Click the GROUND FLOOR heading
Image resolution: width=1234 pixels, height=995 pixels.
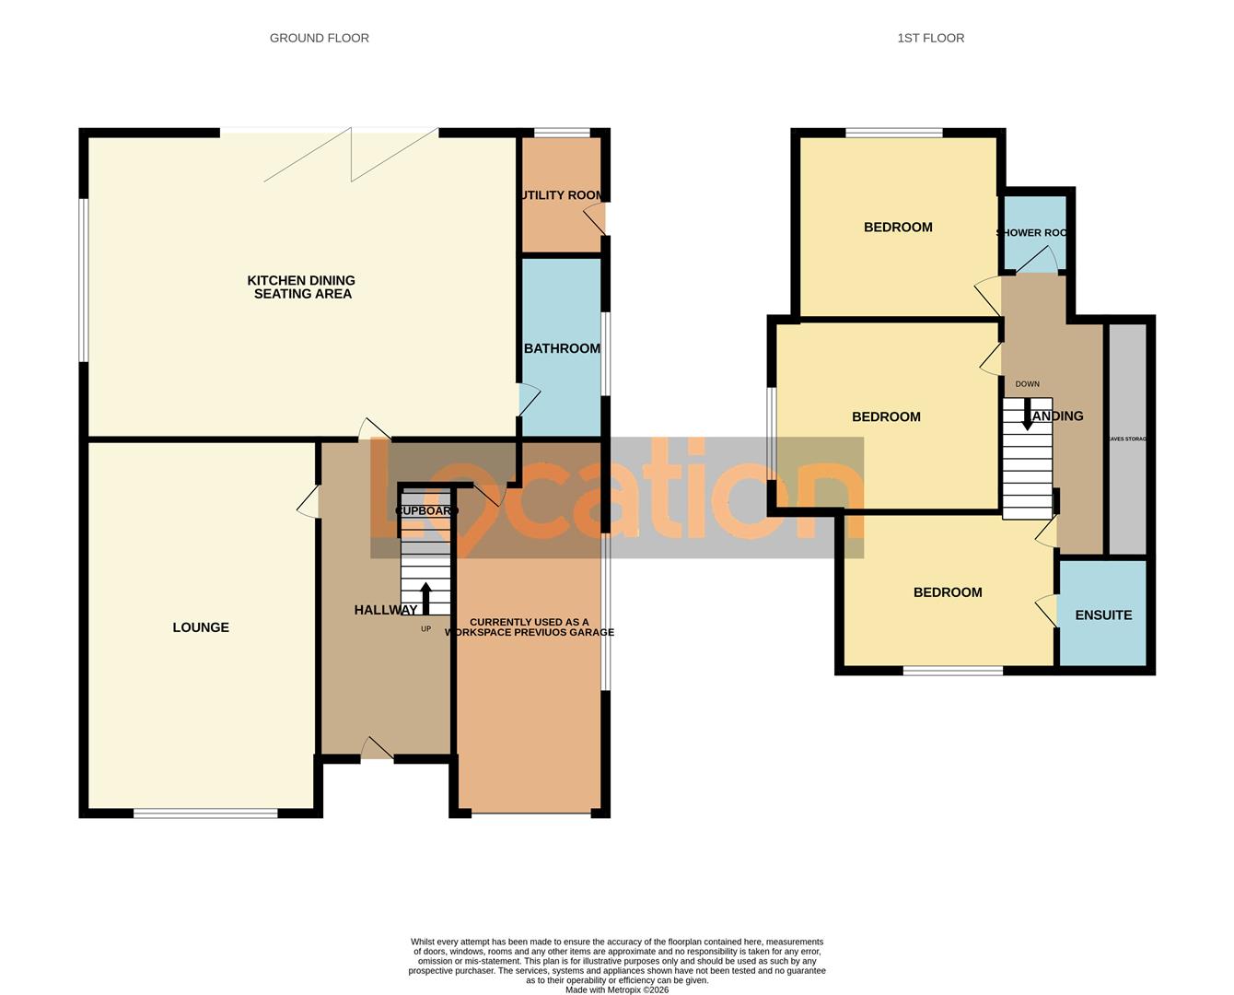click(319, 38)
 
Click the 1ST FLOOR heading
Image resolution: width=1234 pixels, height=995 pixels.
click(930, 38)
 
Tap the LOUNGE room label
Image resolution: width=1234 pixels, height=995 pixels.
click(201, 627)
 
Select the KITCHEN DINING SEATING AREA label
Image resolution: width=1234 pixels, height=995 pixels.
click(301, 287)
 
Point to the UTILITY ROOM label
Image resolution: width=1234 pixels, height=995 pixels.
click(562, 195)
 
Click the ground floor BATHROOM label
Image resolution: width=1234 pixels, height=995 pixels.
click(562, 348)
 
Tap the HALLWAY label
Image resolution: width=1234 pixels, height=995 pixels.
click(385, 610)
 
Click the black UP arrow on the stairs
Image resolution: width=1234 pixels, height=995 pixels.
click(425, 597)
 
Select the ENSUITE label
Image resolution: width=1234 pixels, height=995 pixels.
click(1103, 615)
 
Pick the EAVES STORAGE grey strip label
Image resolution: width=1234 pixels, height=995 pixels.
click(1127, 439)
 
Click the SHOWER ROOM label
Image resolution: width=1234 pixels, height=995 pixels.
click(1033, 232)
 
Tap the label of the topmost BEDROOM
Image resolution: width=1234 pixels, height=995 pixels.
click(898, 227)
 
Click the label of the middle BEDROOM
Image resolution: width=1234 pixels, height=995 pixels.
click(886, 416)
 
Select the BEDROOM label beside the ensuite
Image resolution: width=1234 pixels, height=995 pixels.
click(947, 592)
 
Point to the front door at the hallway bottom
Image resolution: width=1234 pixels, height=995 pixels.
click(376, 750)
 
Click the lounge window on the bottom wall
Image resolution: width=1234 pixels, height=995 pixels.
click(205, 813)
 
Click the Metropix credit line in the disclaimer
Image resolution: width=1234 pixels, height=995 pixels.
click(617, 990)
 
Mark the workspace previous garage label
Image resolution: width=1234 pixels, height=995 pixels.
click(530, 627)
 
